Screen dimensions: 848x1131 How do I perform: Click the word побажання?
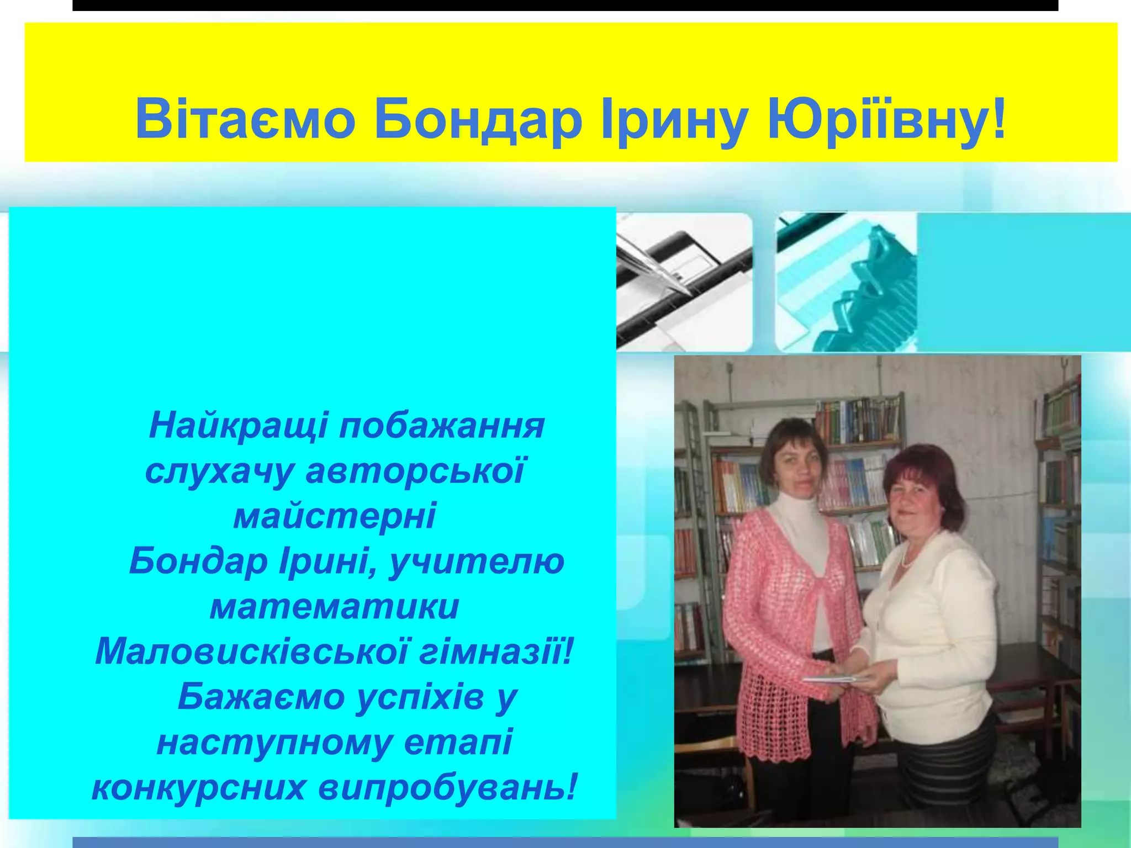click(442, 426)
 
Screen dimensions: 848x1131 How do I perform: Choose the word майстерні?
click(335, 517)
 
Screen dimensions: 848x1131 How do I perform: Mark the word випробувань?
click(447, 788)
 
